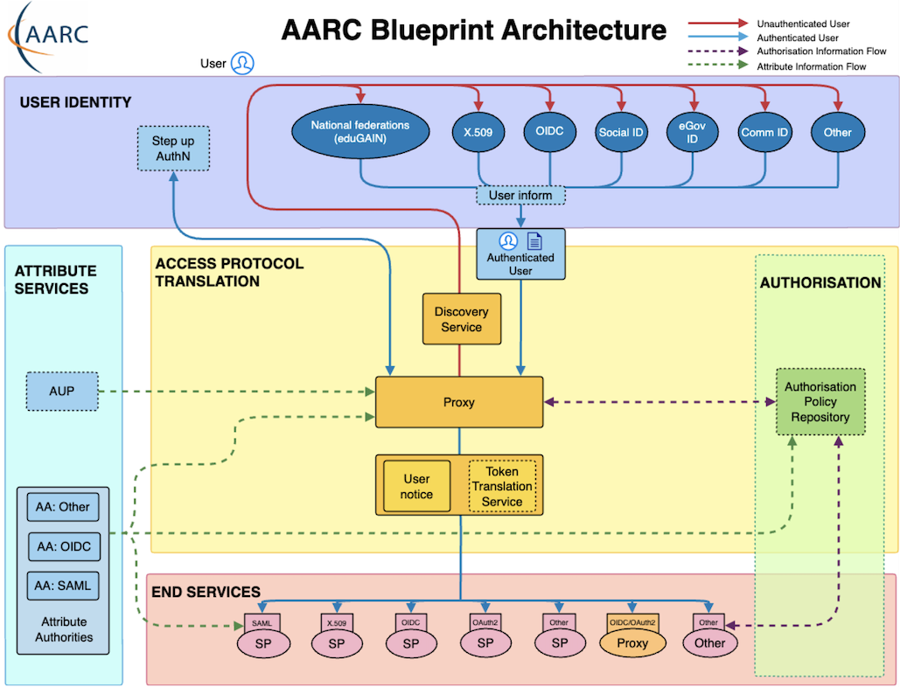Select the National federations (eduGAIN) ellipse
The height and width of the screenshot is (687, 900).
click(360, 132)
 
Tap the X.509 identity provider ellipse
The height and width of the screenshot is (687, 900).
click(478, 132)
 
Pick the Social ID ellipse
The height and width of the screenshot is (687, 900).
click(621, 132)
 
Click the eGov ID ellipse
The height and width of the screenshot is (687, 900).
click(693, 132)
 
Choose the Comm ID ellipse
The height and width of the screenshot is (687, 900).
click(764, 132)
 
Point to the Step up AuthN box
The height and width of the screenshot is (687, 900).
click(173, 149)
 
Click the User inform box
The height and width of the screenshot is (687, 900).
click(520, 195)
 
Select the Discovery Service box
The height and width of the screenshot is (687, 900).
click(462, 319)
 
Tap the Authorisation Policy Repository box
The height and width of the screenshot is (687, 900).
click(820, 402)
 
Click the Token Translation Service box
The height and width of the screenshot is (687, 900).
click(502, 486)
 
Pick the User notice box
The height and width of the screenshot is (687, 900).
click(416, 487)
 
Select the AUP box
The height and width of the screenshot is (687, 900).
click(61, 391)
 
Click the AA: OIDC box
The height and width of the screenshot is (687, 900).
click(63, 546)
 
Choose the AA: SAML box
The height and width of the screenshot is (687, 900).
click(63, 585)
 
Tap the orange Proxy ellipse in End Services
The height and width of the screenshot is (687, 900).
click(633, 643)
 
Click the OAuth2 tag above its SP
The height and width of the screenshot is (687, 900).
click(485, 622)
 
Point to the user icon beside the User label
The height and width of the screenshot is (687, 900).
click(242, 63)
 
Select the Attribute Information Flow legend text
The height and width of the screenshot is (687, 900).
click(811, 66)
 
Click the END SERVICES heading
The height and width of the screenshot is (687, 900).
click(206, 592)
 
